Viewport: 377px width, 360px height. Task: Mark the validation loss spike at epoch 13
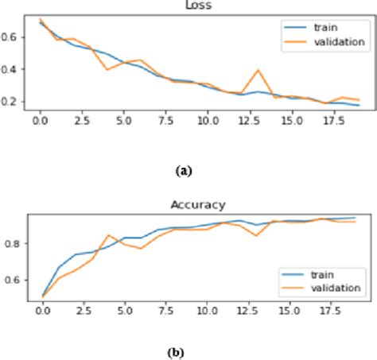(x=258, y=70)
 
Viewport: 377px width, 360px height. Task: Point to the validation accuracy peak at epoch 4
(x=107, y=235)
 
